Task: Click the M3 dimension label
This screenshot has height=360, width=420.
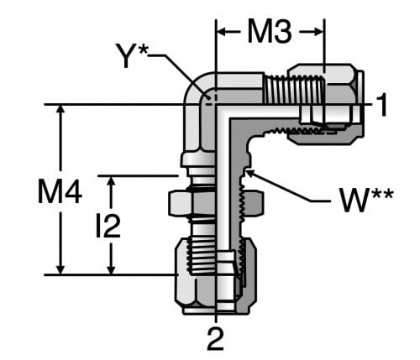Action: (270, 32)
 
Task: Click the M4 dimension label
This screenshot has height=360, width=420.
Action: (60, 192)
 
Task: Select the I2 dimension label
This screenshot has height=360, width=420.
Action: (108, 225)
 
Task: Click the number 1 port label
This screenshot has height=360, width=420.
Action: (381, 105)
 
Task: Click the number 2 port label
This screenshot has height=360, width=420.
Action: (216, 339)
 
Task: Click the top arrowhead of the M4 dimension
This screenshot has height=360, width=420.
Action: (60, 111)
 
